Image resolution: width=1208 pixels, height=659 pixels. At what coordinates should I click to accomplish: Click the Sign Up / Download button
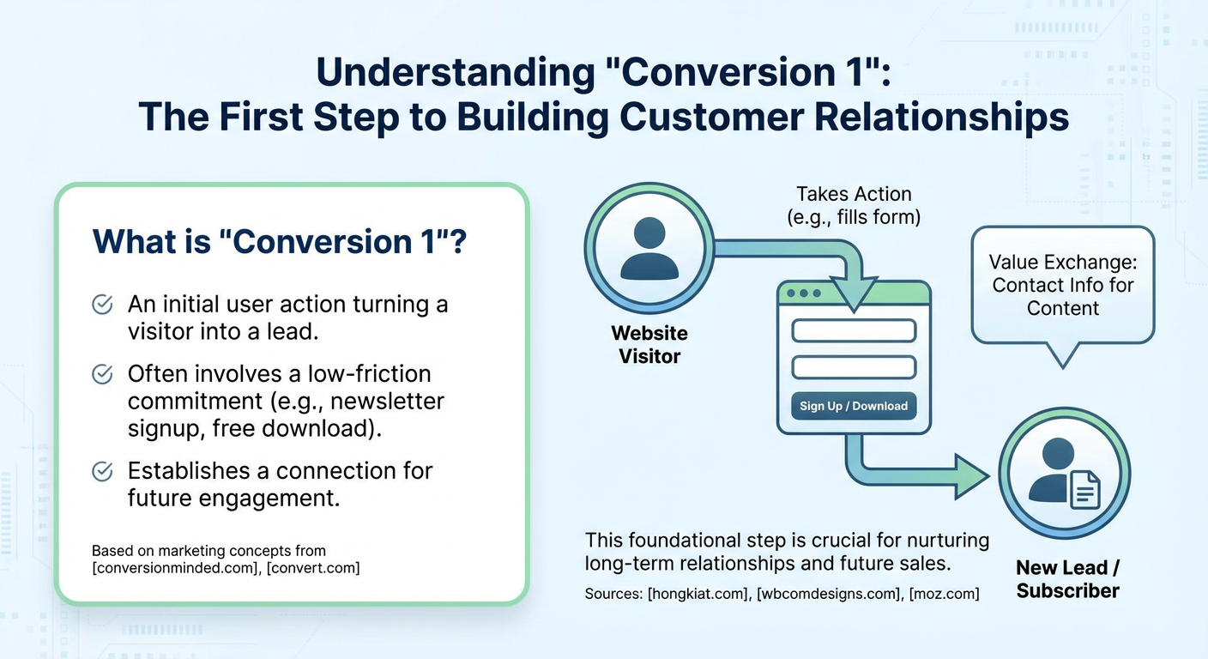pos(854,406)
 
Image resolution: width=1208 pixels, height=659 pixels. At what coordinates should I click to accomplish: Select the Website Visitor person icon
pos(649,249)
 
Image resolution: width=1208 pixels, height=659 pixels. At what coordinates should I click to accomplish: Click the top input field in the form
pos(854,330)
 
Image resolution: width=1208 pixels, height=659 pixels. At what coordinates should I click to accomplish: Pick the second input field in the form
pos(854,367)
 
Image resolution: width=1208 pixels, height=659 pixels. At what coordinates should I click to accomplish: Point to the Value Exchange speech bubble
pos(1062,286)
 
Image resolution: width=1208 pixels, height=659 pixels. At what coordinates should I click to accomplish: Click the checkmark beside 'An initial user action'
pos(102,305)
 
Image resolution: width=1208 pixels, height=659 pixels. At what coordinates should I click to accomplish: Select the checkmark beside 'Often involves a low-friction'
pos(102,374)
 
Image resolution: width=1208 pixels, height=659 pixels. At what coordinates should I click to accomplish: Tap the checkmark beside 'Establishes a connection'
pos(102,471)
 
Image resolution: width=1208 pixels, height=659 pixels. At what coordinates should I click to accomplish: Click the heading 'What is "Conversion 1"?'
pos(279,241)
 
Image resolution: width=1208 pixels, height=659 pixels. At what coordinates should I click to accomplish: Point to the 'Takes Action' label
pos(853,194)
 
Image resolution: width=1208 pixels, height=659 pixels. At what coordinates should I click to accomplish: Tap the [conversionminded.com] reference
pos(166,568)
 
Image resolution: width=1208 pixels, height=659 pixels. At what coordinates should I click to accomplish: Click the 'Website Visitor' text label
pos(649,344)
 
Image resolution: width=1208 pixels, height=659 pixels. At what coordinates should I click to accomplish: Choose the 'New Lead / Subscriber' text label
pos(1067,578)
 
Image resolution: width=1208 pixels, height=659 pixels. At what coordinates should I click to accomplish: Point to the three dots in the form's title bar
pos(804,293)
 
